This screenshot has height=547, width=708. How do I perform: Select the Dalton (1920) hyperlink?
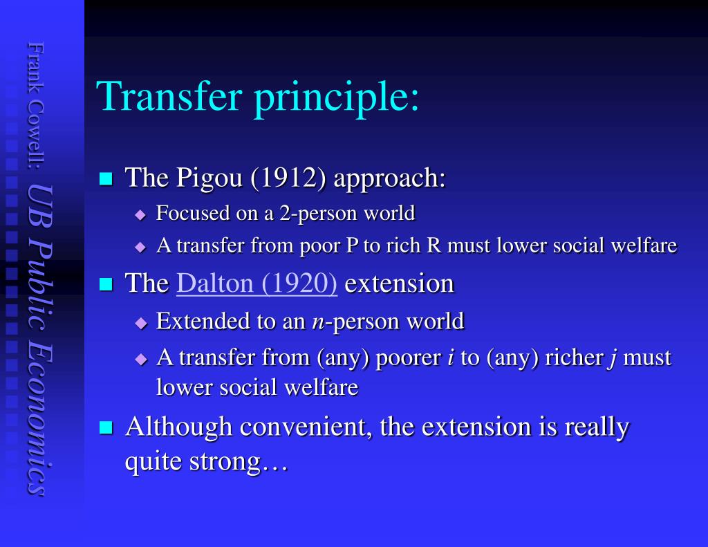[x=257, y=284]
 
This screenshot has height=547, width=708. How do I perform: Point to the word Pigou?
[x=208, y=178]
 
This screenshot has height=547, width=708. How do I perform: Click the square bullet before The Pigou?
[x=106, y=179]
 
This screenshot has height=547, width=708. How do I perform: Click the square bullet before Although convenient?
[x=106, y=428]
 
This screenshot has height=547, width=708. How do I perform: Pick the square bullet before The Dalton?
[x=106, y=284]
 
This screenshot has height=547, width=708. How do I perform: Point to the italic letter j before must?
[x=611, y=358]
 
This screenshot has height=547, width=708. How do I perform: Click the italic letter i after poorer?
[x=450, y=358]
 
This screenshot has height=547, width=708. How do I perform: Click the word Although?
[x=178, y=427]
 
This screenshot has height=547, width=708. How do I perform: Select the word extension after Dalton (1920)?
[x=400, y=284]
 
